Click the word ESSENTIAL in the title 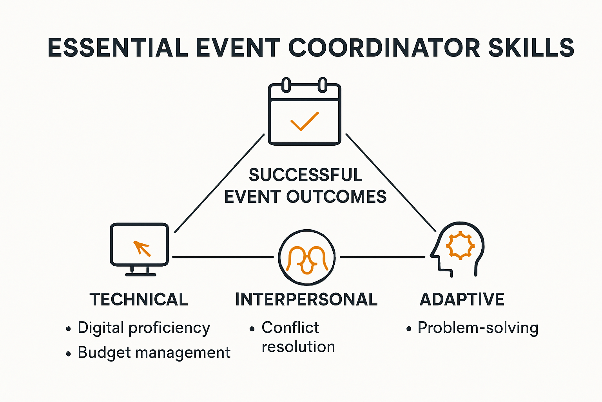click(118, 48)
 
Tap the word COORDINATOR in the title click(384, 48)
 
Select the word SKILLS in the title click(531, 48)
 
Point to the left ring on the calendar click(286, 85)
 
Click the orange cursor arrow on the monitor click(141, 248)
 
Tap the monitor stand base click(140, 274)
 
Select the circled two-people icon click(306, 257)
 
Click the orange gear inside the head click(460, 245)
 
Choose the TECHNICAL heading click(139, 300)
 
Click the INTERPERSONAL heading click(306, 300)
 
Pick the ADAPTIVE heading click(462, 300)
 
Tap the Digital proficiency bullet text click(143, 328)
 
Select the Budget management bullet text click(154, 353)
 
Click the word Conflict click(290, 327)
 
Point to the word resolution click(298, 347)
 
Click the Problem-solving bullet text click(478, 328)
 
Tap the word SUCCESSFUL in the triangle click(305, 175)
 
